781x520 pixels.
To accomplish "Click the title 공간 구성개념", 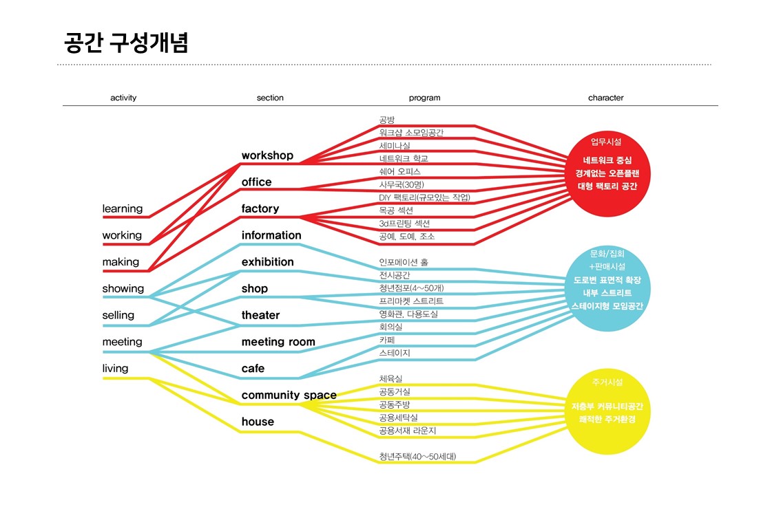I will tap(126, 42).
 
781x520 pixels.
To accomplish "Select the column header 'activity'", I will tap(123, 98).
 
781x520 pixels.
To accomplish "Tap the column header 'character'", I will tap(605, 98).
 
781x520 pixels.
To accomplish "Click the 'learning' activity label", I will tap(123, 208).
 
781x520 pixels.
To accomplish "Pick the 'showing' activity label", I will tap(123, 288).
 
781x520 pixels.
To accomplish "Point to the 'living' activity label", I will tap(116, 368).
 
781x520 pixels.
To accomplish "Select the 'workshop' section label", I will tap(267, 155).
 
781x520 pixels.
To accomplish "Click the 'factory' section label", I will tap(260, 208).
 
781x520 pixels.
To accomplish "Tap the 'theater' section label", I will tap(261, 315).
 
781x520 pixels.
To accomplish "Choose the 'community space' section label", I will tap(289, 395).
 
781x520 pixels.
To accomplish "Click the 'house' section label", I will tap(258, 422).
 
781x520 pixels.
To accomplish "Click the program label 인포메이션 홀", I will tap(408, 262).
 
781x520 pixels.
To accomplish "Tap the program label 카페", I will tap(386, 340).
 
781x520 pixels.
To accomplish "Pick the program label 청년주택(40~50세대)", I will tap(417, 456).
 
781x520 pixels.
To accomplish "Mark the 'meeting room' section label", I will tap(278, 342).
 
